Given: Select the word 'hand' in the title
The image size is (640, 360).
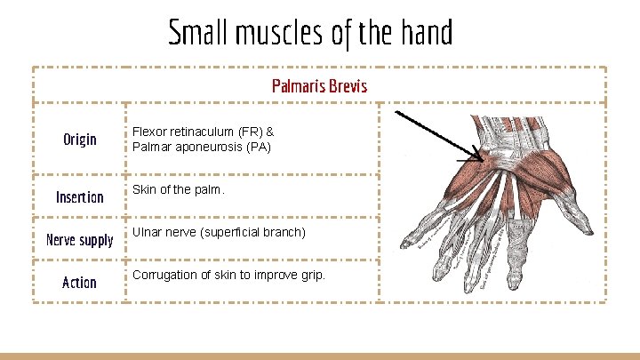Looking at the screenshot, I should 426,34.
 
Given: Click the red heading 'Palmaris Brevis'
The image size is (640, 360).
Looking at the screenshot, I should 319,86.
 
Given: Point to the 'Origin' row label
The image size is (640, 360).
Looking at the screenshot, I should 79,140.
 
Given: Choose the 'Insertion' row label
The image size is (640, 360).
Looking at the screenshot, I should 79,196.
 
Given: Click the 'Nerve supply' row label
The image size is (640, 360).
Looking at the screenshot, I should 79,240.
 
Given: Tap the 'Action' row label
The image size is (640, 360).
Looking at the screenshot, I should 79,283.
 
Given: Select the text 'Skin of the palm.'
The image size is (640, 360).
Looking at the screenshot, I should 179,190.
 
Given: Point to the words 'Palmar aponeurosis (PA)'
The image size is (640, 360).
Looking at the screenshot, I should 202,146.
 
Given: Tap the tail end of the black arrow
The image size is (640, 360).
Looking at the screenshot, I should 396,112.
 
